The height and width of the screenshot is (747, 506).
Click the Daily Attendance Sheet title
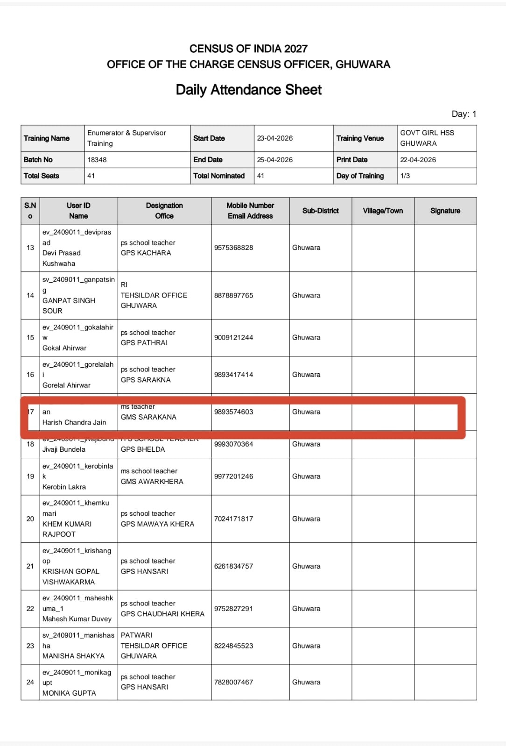click(x=248, y=90)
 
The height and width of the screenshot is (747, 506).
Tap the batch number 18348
click(x=97, y=160)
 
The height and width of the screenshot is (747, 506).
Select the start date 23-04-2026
click(x=275, y=138)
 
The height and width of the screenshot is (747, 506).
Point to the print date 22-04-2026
click(x=418, y=160)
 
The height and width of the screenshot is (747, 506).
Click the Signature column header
click(x=445, y=211)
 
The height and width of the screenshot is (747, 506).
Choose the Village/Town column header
click(x=383, y=211)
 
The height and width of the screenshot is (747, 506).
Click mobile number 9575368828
click(x=233, y=248)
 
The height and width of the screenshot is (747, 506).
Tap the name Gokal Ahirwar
click(x=64, y=348)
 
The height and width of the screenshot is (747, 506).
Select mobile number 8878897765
click(x=233, y=295)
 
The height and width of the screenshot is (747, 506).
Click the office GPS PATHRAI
click(x=144, y=342)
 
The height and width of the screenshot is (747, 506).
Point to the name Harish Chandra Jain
click(x=74, y=422)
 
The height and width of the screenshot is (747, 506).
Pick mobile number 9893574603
click(x=233, y=412)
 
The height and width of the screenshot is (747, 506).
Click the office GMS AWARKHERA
click(x=152, y=481)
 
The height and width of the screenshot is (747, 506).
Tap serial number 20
click(x=30, y=519)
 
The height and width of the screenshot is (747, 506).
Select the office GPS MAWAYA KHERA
click(x=157, y=524)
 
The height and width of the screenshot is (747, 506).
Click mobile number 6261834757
click(x=233, y=566)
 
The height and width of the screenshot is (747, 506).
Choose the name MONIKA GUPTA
click(x=69, y=693)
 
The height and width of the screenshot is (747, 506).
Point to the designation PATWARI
click(x=137, y=635)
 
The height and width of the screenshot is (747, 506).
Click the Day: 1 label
click(x=464, y=114)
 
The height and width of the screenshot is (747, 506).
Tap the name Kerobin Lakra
click(x=64, y=487)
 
